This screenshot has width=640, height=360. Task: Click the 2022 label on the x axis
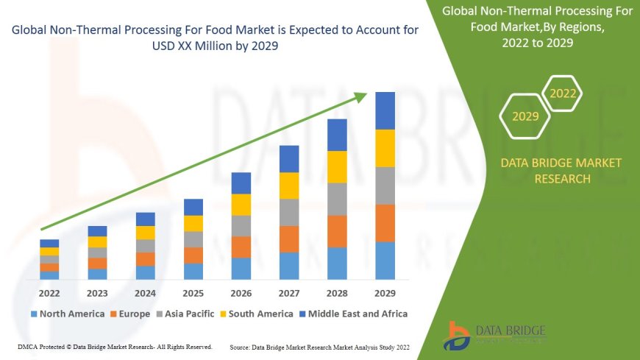coord(49,293)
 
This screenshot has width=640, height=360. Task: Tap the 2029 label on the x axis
coord(385,293)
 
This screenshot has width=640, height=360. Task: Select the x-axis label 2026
coord(241,293)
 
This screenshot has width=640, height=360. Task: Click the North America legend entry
coord(68,314)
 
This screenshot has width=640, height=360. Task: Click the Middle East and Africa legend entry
coord(356,314)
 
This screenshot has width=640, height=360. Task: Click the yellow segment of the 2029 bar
coord(385,148)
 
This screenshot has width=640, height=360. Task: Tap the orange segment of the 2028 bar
coord(337,231)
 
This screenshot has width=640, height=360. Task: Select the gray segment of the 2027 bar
coord(289,212)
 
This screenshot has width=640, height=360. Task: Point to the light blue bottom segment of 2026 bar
coord(241,268)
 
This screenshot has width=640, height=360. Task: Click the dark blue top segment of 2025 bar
coord(193,207)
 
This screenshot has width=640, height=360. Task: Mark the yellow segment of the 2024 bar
coord(146,233)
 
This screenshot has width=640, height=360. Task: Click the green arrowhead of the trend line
coord(362,96)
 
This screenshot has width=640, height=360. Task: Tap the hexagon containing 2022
coord(563,93)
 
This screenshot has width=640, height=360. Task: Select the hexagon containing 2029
coord(525,116)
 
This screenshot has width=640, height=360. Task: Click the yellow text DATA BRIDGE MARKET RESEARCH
coord(561,171)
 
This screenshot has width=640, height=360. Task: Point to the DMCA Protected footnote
coord(114,346)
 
